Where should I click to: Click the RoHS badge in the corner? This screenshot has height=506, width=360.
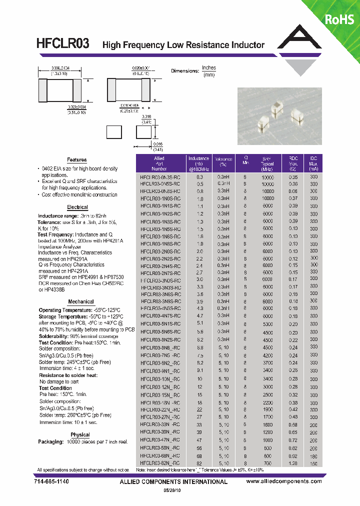tap(339, 19)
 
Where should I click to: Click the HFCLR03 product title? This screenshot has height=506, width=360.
tap(63, 44)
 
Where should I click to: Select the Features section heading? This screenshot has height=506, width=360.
tap(77, 160)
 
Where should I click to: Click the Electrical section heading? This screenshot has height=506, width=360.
tap(77, 207)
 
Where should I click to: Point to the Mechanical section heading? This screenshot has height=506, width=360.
tap(81, 301)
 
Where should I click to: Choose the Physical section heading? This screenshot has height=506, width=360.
tap(80, 434)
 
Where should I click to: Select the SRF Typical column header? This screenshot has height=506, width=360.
tap(267, 163)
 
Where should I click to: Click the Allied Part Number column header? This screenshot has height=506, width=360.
tap(159, 163)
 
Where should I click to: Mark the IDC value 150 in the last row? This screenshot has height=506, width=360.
tap(313, 463)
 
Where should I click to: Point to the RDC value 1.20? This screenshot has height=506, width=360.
tap(293, 463)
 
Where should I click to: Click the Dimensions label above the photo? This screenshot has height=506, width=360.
tap(185, 71)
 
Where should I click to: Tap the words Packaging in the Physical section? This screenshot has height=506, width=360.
tap(50, 442)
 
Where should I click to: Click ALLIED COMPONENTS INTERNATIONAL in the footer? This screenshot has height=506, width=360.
tap(173, 481)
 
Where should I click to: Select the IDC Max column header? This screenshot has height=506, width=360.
tap(313, 163)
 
